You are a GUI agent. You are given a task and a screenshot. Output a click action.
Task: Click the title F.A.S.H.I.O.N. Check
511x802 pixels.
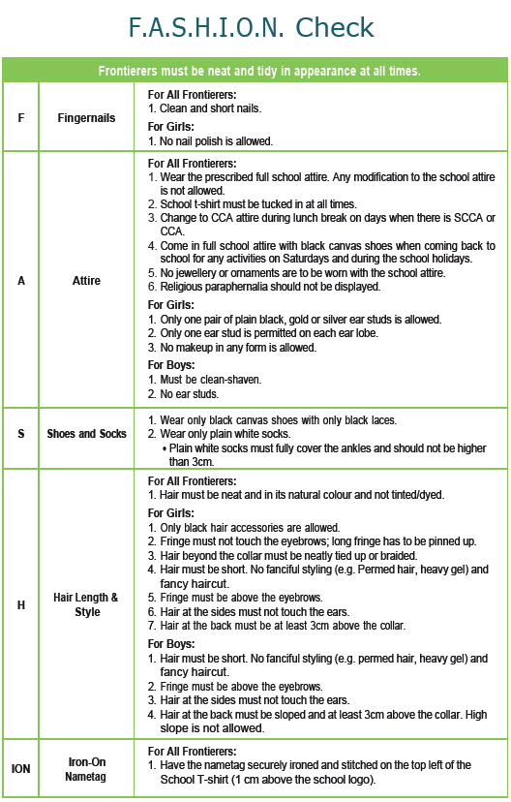click(x=255, y=28)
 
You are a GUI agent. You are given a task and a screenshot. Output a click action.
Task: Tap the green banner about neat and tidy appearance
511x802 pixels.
click(x=255, y=71)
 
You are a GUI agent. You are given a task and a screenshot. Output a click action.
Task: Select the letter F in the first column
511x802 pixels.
click(x=21, y=118)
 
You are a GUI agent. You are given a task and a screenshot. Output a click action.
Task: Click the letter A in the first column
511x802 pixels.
click(x=21, y=281)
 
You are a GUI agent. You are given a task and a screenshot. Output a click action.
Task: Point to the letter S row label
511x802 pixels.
click(x=21, y=434)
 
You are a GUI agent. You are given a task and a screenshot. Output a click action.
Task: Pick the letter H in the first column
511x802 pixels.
click(x=21, y=604)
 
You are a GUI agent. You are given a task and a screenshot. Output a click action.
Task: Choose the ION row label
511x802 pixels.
click(x=21, y=768)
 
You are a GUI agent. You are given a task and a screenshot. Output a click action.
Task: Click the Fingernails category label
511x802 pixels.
click(x=86, y=118)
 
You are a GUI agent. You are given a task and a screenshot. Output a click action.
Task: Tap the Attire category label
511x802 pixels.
click(x=86, y=281)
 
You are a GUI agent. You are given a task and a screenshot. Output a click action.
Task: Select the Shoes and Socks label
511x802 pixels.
click(x=86, y=434)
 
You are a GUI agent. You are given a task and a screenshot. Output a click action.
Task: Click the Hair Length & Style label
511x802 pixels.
click(x=87, y=604)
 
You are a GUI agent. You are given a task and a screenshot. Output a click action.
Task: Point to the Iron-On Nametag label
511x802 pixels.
click(x=86, y=768)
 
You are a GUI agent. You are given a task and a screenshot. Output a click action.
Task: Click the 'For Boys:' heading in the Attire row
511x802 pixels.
click(x=173, y=365)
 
